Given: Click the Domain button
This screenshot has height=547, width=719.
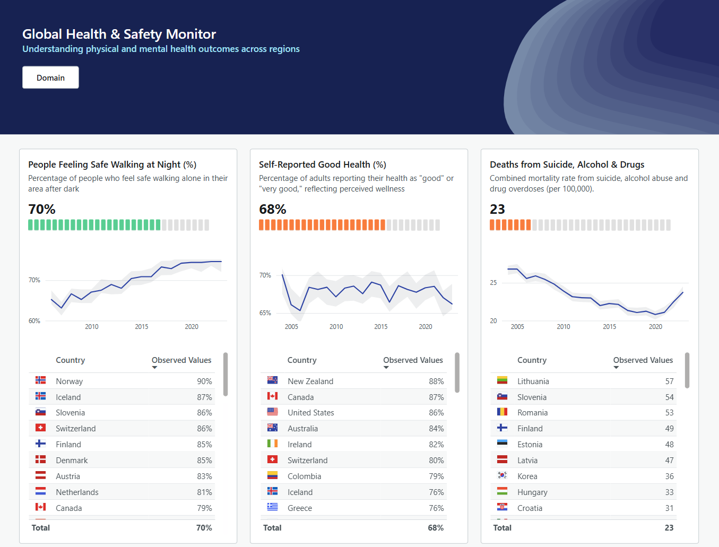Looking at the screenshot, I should pyautogui.click(x=50, y=77).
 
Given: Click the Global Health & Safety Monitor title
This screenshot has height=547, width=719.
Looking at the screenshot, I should pyautogui.click(x=119, y=34).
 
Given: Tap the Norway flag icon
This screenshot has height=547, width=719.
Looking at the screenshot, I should pyautogui.click(x=40, y=380).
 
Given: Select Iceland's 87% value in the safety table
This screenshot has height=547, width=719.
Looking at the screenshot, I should pyautogui.click(x=204, y=397).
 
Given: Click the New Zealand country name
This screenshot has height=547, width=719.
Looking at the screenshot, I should pyautogui.click(x=310, y=381).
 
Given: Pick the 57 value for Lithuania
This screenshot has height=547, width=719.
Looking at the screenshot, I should pyautogui.click(x=669, y=381).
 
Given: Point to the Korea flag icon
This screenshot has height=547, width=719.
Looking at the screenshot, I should pyautogui.click(x=502, y=476).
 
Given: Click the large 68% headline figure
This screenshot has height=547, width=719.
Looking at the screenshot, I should pyautogui.click(x=272, y=210).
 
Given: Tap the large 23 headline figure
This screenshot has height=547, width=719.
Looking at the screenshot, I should pyautogui.click(x=497, y=210).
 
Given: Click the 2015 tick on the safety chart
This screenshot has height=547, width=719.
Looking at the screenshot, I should pyautogui.click(x=142, y=327).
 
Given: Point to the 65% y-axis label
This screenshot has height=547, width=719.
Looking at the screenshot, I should pyautogui.click(x=265, y=313).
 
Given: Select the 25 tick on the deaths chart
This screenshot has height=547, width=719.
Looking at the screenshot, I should pyautogui.click(x=493, y=283).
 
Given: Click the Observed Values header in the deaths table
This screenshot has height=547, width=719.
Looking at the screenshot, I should pyautogui.click(x=643, y=360).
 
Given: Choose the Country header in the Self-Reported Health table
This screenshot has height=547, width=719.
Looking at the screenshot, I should pyautogui.click(x=302, y=360).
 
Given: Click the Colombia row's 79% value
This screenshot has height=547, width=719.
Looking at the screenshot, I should pyautogui.click(x=436, y=476).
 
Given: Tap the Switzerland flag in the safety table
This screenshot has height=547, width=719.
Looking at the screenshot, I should pyautogui.click(x=40, y=428).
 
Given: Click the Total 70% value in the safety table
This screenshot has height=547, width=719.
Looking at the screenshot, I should pyautogui.click(x=204, y=528).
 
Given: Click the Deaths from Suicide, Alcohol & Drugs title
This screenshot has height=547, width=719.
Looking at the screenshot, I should pyautogui.click(x=567, y=164).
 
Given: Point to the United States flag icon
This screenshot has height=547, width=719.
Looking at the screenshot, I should pyautogui.click(x=272, y=412).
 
